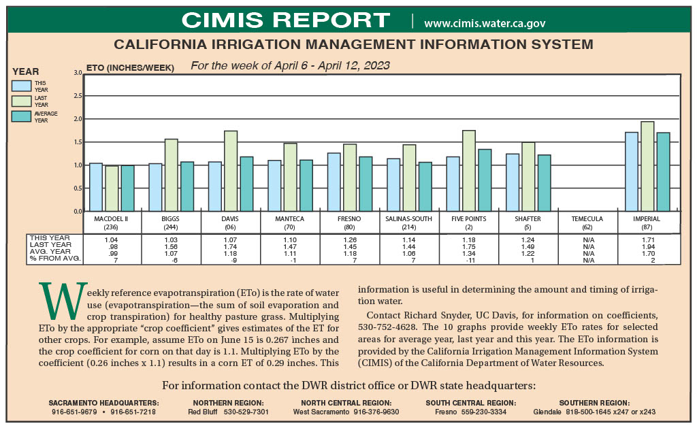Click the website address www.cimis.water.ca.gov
pos(485,23)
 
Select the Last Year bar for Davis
pos(231,171)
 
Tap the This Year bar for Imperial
pos(632,171)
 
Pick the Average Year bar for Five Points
pos(485,180)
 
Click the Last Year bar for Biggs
pos(171,175)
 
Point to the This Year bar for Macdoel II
pos(96,187)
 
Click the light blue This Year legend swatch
pos(21,86)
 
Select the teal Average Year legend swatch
pos(21,116)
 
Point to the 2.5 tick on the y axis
pos(78,96)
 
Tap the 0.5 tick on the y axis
pos(78,188)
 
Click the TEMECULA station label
pos(587,219)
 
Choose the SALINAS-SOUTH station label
pos(408,219)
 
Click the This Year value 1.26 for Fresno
pos(350,240)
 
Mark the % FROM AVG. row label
pos(55,258)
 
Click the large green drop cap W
pos(63,301)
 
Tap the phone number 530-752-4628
pos(387,327)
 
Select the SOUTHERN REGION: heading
pos(594,403)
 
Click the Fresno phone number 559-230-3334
pos(484,412)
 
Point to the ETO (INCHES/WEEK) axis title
pos(130,68)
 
